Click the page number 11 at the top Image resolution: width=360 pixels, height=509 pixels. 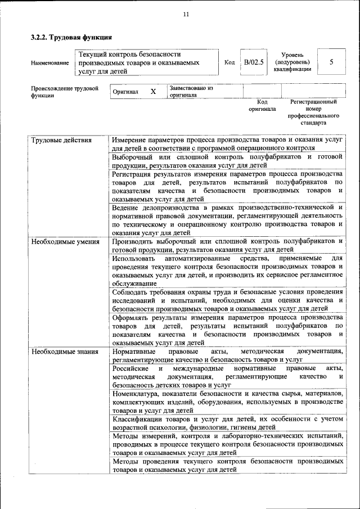tap(186, 14)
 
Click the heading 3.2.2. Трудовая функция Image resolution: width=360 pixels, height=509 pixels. tap(71, 38)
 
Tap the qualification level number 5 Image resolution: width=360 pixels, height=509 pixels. tap(331, 62)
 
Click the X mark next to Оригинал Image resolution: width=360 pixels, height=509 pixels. tap(153, 91)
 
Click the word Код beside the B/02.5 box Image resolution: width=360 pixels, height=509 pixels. tap(229, 62)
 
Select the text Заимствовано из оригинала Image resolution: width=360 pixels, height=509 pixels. tap(191, 92)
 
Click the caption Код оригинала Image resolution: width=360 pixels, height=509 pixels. tap(262, 105)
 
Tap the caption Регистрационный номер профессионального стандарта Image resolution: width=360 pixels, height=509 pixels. tap(313, 112)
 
